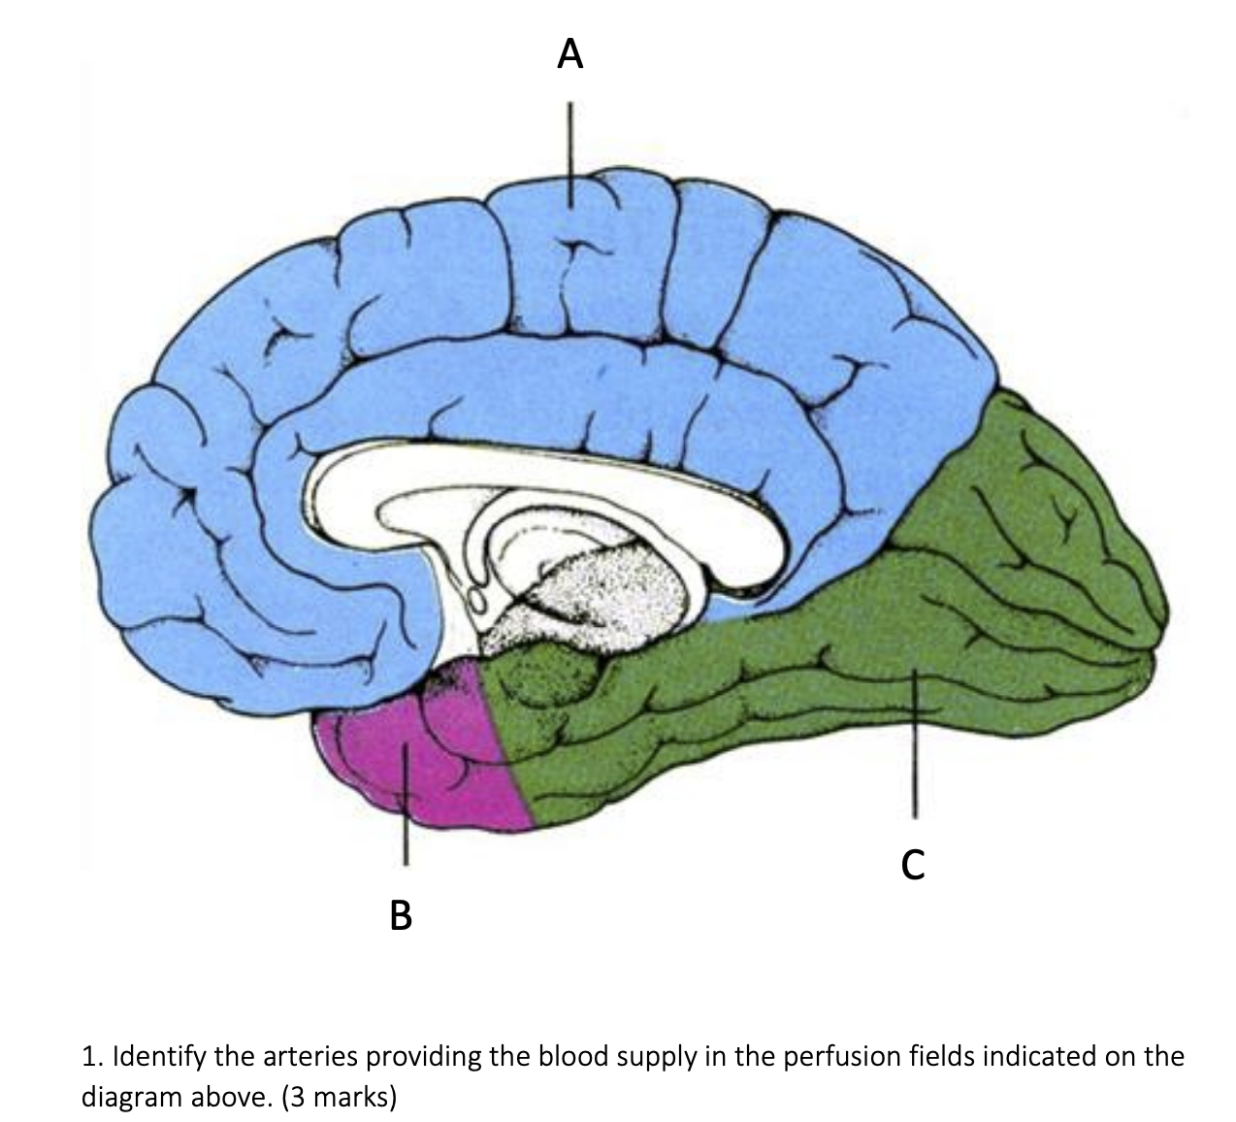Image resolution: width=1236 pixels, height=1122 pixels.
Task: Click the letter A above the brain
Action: (x=571, y=54)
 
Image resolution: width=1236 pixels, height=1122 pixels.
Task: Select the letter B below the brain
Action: (x=401, y=914)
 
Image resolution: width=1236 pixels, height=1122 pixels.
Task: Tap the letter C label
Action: (x=912, y=863)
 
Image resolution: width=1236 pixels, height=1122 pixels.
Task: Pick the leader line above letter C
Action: (x=912, y=757)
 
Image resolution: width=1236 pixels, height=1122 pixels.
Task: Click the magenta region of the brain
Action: (x=427, y=747)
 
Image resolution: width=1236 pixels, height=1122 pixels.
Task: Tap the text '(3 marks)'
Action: (x=339, y=1098)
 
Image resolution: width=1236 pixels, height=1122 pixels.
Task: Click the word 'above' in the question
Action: (x=231, y=1098)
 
